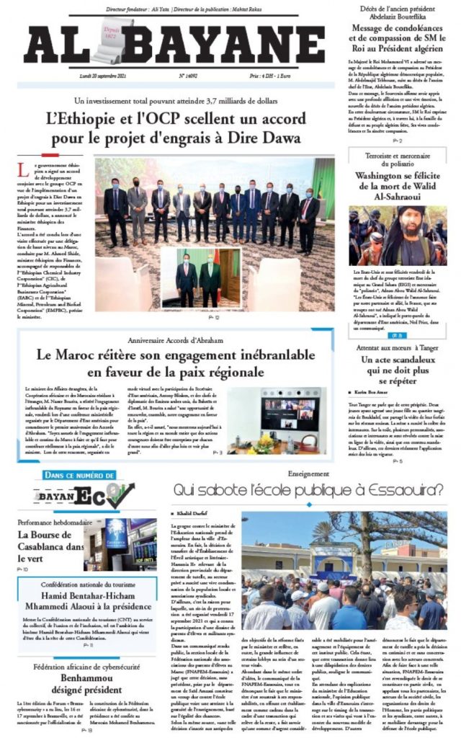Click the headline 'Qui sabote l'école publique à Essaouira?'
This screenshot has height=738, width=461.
308,492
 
